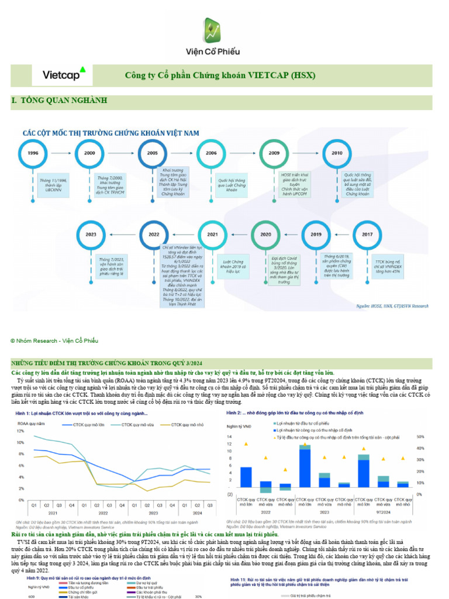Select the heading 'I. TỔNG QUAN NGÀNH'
tap(59, 101)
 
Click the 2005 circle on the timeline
tap(153, 153)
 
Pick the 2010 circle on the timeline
tap(337, 153)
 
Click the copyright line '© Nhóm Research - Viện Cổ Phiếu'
tap(54, 340)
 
